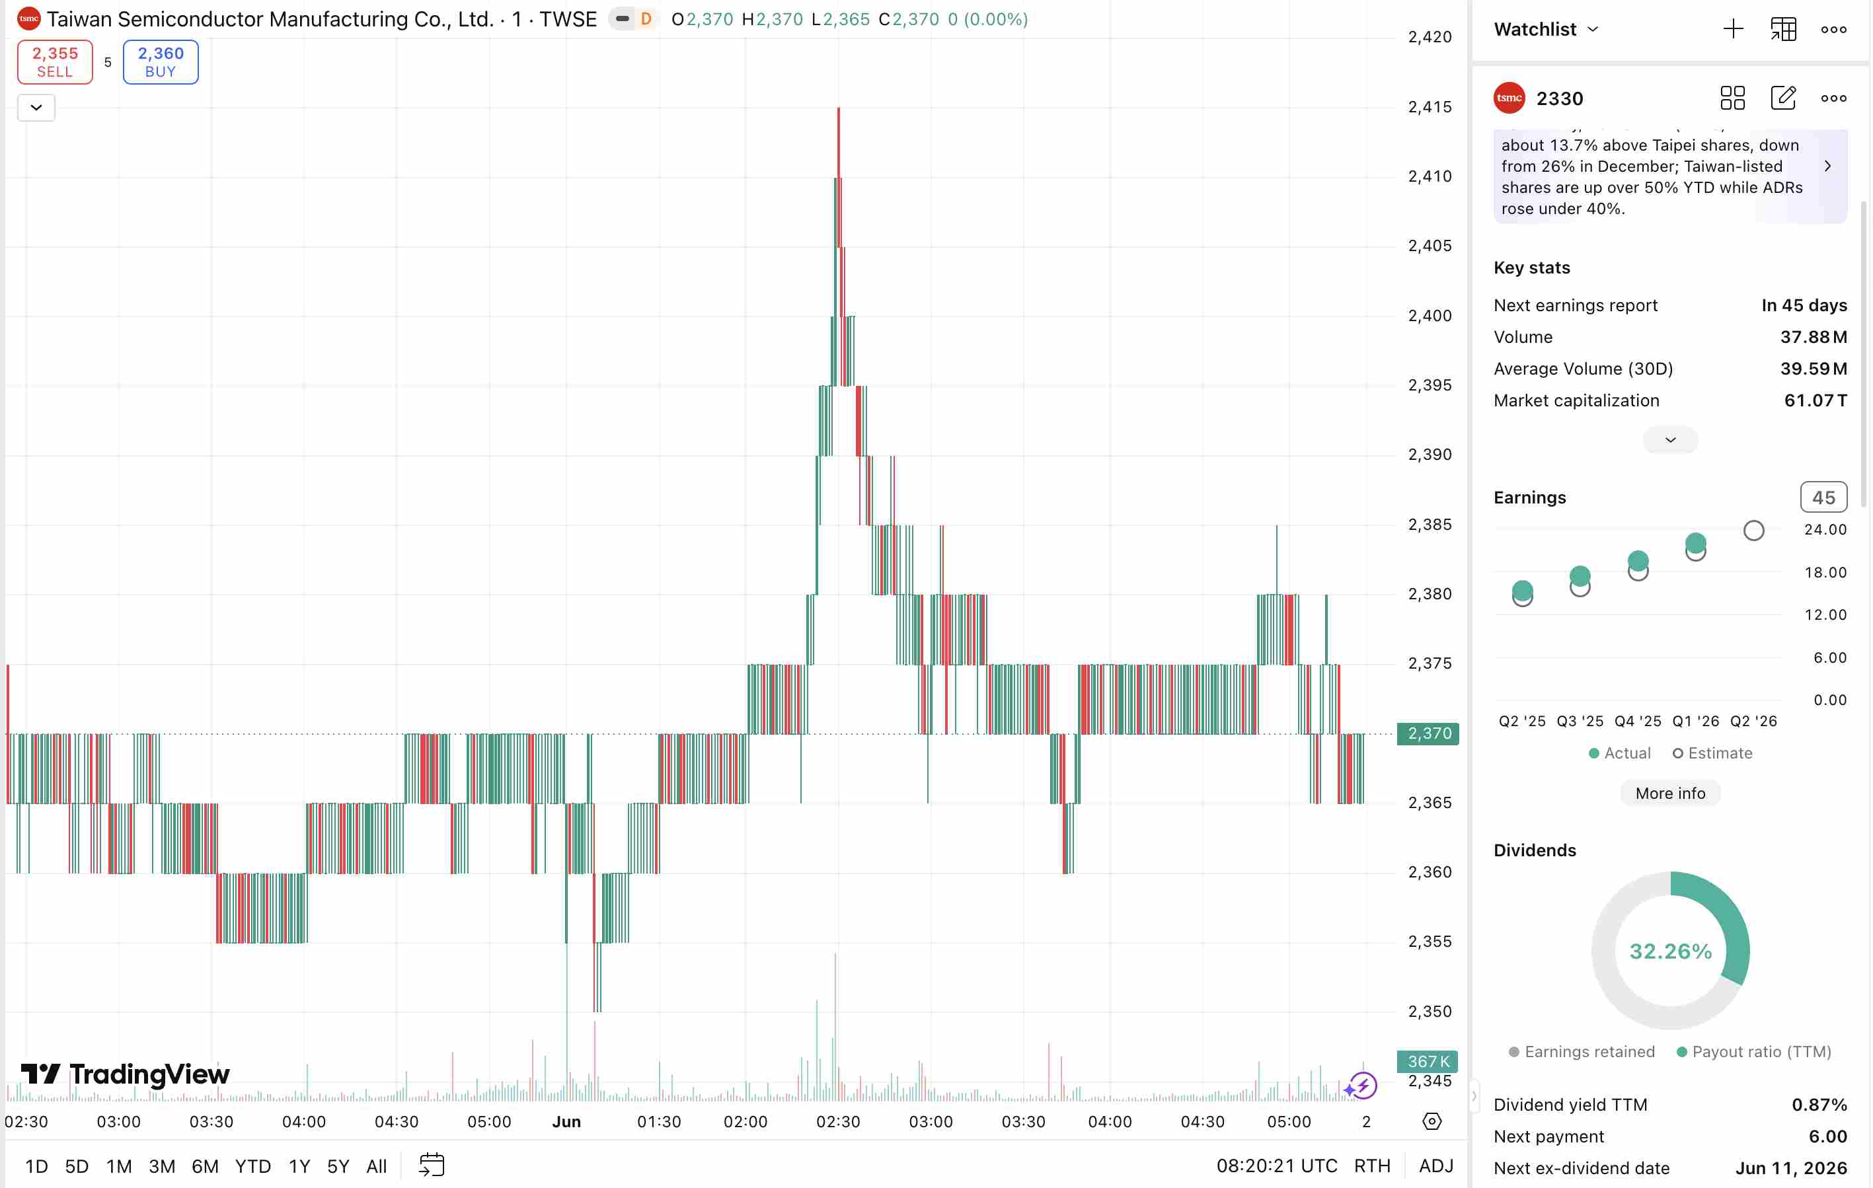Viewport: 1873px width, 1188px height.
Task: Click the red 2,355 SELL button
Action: (x=56, y=62)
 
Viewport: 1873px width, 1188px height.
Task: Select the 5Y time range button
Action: (x=338, y=1166)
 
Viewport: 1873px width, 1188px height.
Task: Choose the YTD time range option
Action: (x=252, y=1166)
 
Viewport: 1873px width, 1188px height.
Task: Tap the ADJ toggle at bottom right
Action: (x=1436, y=1166)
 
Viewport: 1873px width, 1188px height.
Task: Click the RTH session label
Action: (x=1372, y=1166)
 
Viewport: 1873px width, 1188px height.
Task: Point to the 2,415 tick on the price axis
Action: (x=1430, y=106)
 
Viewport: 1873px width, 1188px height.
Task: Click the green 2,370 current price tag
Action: (x=1428, y=733)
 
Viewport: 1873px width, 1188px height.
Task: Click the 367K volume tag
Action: (x=1428, y=1061)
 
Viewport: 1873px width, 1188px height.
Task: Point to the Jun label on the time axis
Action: (x=566, y=1121)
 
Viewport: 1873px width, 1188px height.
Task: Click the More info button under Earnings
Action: (x=1670, y=793)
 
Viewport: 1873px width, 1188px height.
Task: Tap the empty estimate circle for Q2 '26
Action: (x=1753, y=531)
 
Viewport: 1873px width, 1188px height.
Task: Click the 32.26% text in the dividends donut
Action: (x=1670, y=951)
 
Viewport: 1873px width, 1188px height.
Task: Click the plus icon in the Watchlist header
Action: (x=1733, y=30)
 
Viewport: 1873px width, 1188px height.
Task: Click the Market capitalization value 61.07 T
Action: (x=1815, y=400)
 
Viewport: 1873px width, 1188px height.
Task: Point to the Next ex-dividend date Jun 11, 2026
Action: (x=1790, y=1168)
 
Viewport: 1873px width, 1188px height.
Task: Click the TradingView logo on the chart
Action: (x=125, y=1074)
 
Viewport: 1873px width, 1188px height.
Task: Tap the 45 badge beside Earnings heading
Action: (x=1823, y=498)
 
